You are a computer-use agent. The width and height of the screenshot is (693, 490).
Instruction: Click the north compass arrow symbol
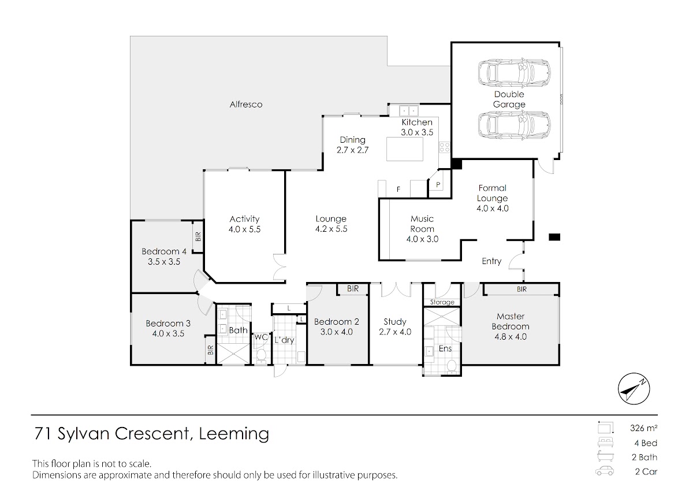634,389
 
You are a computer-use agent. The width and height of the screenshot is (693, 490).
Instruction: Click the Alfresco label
246,105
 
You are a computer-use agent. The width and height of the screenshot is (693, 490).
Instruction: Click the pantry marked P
438,185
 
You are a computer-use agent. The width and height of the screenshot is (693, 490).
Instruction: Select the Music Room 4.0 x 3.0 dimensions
422,239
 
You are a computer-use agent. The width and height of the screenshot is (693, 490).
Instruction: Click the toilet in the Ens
452,365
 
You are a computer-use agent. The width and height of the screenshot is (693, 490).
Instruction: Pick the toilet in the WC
260,355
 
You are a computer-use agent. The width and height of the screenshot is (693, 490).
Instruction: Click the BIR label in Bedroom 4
198,237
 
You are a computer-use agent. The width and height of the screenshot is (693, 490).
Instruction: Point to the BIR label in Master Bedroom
522,289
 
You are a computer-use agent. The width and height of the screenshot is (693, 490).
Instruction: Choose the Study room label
395,322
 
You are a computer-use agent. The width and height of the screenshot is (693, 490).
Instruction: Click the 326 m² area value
643,428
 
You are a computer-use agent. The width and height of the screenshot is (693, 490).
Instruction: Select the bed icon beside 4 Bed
605,443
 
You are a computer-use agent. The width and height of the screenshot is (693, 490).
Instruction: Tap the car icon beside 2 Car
605,471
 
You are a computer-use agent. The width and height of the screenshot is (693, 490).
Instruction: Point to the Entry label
491,261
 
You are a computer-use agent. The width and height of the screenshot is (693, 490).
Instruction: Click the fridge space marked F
398,189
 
